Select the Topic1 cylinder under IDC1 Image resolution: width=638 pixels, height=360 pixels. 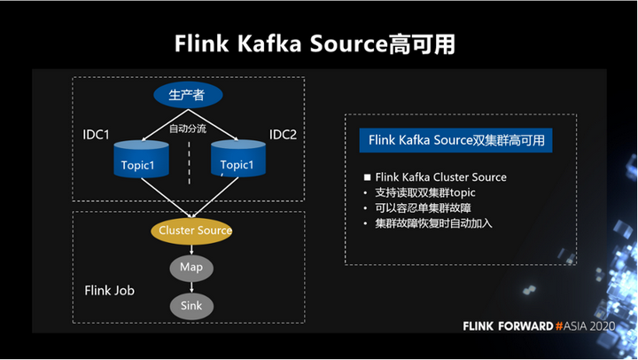140,160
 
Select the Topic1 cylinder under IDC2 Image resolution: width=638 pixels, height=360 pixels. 237,160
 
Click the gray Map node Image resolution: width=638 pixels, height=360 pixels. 191,267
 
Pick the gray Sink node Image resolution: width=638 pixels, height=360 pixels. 191,306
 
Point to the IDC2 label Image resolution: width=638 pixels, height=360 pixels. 283,135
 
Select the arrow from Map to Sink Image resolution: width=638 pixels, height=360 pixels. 191,286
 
